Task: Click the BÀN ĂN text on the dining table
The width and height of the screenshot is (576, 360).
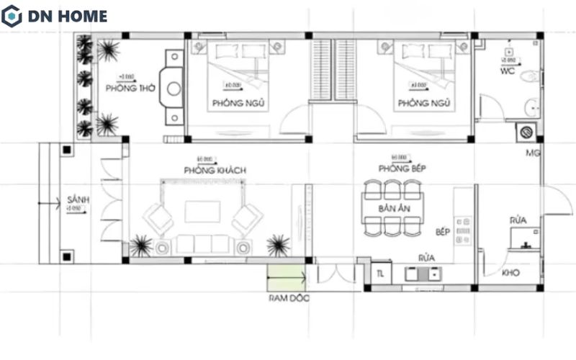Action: [x=393, y=208]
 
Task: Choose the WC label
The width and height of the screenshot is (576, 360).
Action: [x=508, y=73]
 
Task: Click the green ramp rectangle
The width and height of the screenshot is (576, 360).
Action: [x=286, y=276]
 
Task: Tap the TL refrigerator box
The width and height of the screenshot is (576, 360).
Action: [x=380, y=273]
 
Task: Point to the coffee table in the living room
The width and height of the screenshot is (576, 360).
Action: [x=202, y=212]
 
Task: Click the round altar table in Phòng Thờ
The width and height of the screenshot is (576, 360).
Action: [x=174, y=89]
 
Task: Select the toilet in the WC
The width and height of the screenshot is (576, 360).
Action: [x=529, y=75]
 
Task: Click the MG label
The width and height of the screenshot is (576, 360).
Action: [x=533, y=153]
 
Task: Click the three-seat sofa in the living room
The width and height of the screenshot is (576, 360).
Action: [x=203, y=243]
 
